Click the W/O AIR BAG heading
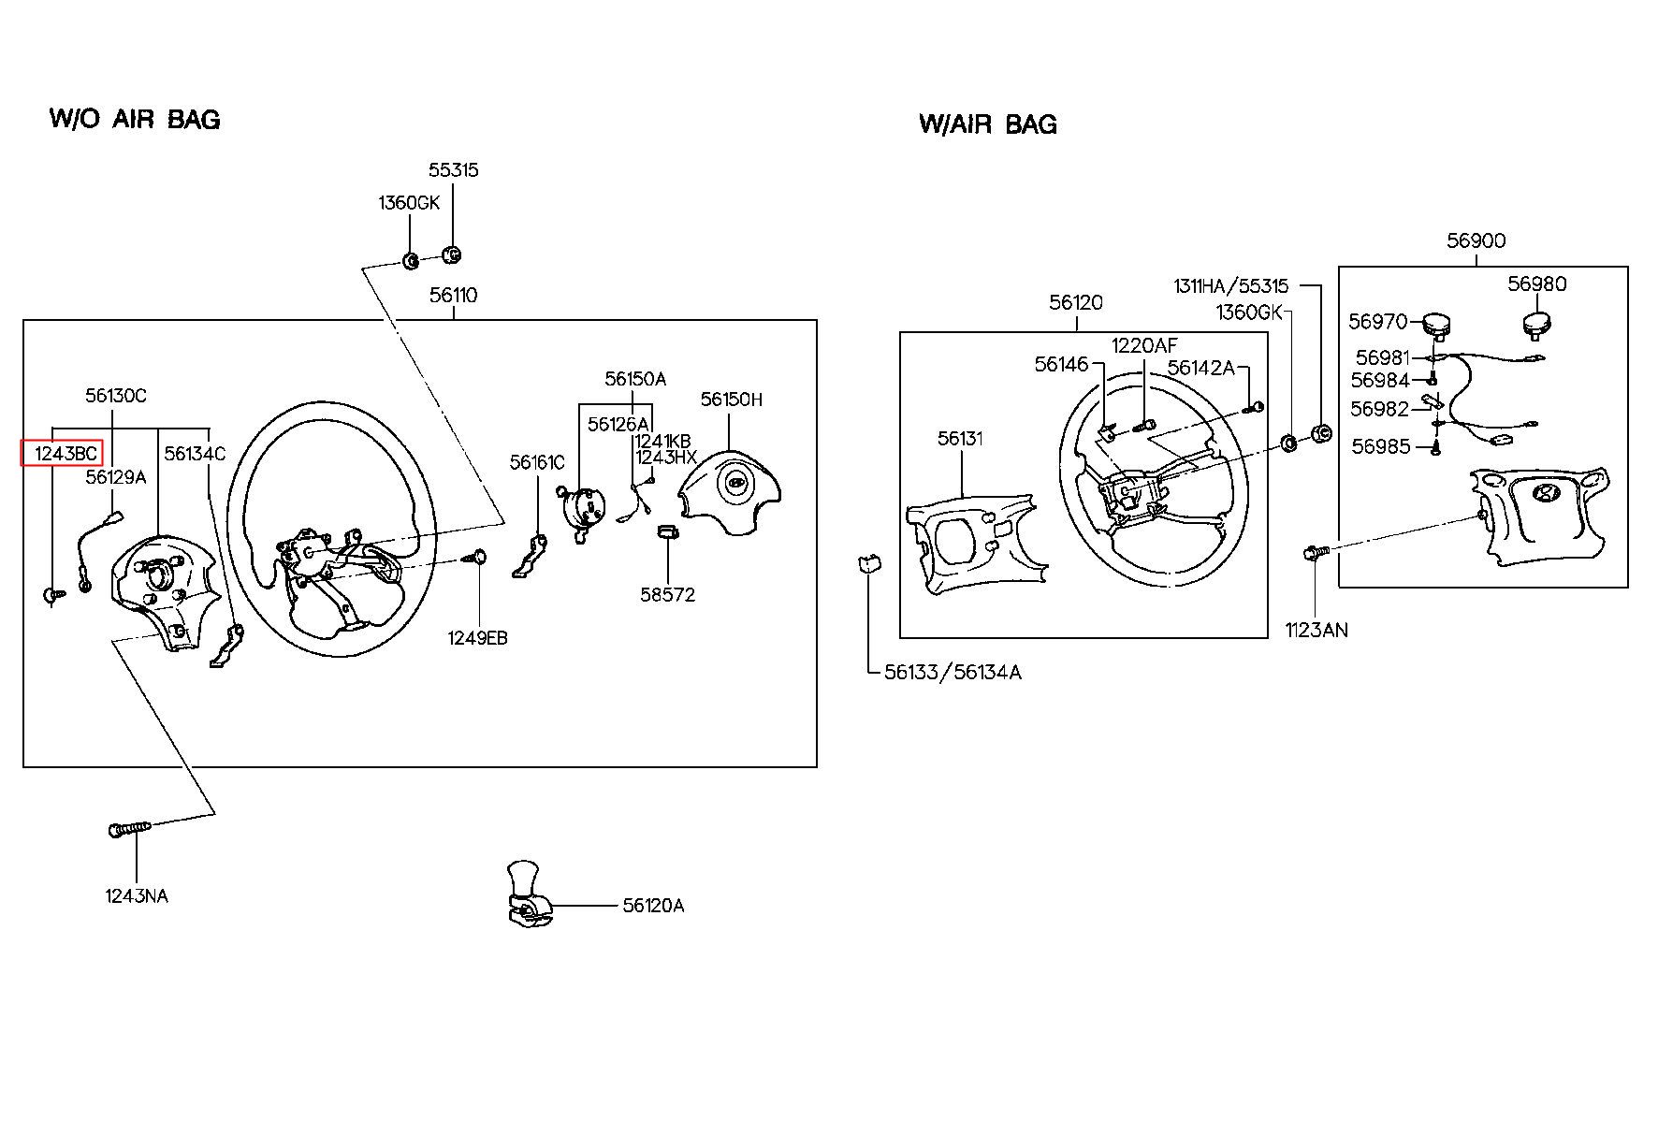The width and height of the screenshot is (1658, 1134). (x=135, y=120)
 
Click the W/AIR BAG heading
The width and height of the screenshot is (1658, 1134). (x=988, y=124)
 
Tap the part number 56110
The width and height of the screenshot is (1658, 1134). (x=454, y=296)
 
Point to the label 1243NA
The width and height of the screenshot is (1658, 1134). (x=137, y=896)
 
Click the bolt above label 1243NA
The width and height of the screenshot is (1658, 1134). (x=129, y=829)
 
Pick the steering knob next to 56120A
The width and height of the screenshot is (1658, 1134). (x=528, y=894)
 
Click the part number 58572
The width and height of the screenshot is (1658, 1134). (x=668, y=595)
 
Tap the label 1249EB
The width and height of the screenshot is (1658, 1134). (x=477, y=638)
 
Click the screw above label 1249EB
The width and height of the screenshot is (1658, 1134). (x=477, y=558)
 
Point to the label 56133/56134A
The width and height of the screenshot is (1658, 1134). (x=953, y=673)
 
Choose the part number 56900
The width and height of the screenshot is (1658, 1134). (x=1476, y=240)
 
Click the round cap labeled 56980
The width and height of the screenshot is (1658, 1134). (x=1536, y=327)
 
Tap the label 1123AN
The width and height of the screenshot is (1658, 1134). (x=1316, y=631)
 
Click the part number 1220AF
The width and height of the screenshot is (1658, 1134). (x=1144, y=346)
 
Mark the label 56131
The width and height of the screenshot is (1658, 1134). (x=961, y=439)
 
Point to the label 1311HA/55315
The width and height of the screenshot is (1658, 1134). (x=1230, y=285)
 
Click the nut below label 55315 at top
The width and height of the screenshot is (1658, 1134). (x=452, y=254)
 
